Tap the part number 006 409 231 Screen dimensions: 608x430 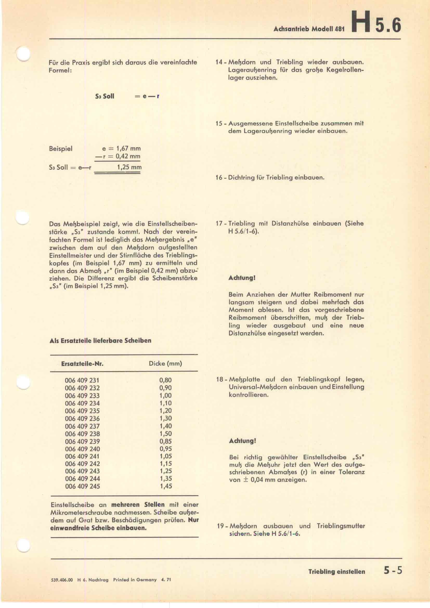coord(82,380)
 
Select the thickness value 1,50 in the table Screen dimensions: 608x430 coord(166,434)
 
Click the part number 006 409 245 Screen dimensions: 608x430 coord(82,486)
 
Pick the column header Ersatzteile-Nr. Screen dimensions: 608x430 coord(82,364)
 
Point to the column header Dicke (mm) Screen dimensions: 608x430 coord(165,363)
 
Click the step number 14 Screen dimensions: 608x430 coord(219,62)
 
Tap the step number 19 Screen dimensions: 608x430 coord(220,526)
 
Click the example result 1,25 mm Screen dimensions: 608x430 coord(129,167)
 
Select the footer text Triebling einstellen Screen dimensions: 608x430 coord(336,571)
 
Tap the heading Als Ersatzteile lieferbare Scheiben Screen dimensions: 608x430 coord(100,341)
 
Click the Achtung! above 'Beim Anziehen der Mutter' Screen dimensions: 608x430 coord(242,278)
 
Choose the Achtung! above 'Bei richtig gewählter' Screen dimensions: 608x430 coord(242,441)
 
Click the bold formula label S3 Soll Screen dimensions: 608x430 coord(105,96)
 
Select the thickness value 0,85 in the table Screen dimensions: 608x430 coord(166,441)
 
